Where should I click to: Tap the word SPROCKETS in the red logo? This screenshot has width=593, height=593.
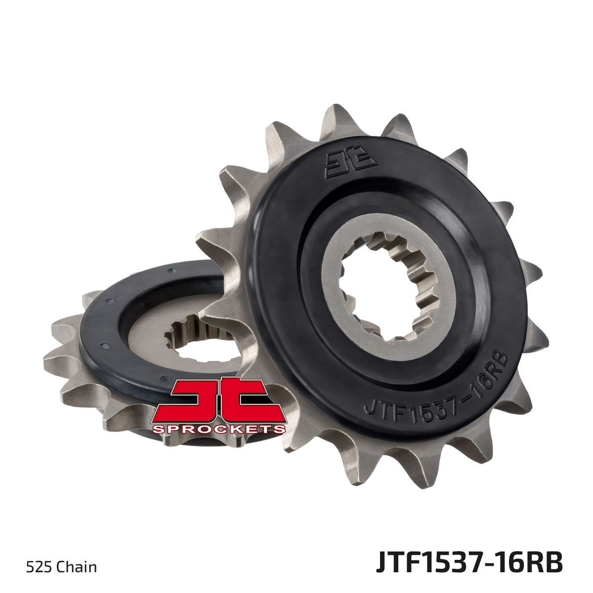[219, 428]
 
